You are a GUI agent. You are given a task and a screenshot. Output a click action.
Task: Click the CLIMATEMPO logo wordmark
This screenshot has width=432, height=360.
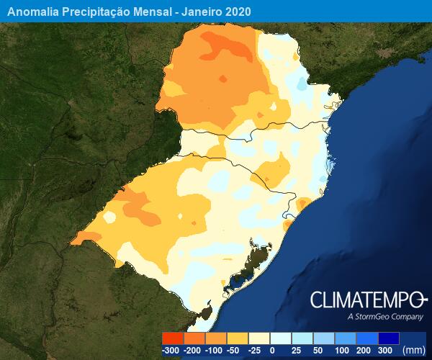369,300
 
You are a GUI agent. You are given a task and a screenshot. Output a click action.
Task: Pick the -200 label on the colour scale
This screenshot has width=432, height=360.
194,350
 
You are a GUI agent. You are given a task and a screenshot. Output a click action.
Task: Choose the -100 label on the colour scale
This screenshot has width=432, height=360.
215,350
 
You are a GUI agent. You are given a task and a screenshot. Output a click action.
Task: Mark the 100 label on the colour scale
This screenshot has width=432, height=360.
342,350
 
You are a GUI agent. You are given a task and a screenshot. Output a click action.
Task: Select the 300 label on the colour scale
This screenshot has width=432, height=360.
384,350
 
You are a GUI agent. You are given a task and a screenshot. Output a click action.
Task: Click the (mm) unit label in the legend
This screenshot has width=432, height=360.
414,350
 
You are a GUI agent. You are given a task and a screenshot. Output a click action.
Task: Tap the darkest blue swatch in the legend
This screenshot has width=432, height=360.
388,338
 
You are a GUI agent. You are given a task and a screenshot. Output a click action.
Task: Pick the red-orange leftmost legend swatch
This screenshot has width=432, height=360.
173,338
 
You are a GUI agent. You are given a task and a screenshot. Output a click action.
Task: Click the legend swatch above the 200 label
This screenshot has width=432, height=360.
367,338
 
